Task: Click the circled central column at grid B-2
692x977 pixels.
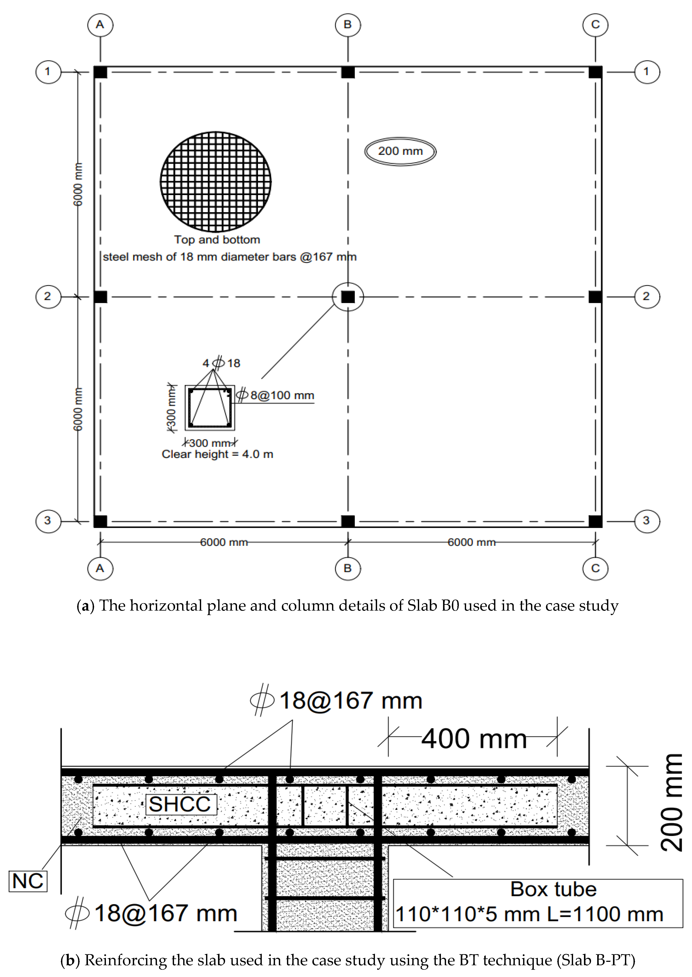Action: [348, 297]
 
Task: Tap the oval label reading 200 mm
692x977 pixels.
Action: [400, 151]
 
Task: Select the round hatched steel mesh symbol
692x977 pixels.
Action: [216, 182]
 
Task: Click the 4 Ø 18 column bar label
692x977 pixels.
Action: [221, 363]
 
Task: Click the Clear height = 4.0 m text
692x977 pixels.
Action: [217, 454]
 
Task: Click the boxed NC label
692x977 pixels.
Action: [28, 881]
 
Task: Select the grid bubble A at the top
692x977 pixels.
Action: [100, 25]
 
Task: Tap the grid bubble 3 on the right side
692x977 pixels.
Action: [647, 520]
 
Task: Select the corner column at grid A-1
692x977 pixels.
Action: [101, 72]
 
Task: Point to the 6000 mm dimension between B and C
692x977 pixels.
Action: [471, 542]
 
